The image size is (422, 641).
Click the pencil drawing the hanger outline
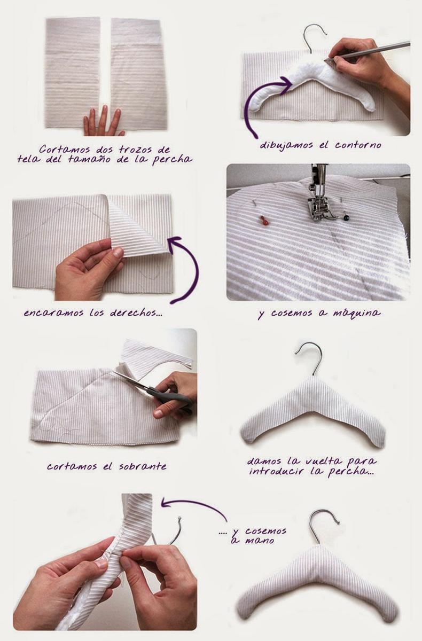coord(367,51)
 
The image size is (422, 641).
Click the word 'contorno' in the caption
coord(358,145)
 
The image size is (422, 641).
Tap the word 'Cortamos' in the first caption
coord(65,149)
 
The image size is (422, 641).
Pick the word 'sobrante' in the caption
coord(143,466)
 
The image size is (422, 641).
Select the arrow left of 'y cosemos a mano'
coord(194,509)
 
